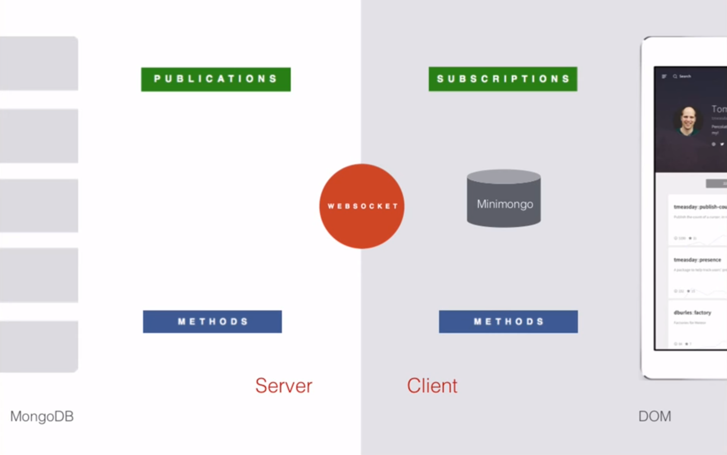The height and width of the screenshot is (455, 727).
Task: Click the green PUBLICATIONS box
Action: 216,79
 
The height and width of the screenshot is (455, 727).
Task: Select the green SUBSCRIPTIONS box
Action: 503,79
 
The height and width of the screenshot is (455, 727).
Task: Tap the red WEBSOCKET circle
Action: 362,206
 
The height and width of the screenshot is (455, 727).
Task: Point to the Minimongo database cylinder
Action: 504,199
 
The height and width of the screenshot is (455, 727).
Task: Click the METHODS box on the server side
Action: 212,321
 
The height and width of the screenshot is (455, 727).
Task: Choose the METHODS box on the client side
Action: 508,321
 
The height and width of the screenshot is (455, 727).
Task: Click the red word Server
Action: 284,386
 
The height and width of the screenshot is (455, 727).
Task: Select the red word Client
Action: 432,386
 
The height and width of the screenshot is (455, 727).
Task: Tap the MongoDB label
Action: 42,416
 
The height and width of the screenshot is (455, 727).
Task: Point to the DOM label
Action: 655,416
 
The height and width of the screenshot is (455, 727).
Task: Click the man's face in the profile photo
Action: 688,120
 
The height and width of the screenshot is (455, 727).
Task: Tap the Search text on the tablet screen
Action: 685,77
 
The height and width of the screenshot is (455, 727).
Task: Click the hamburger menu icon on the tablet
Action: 664,77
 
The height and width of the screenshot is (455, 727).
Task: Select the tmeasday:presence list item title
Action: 697,260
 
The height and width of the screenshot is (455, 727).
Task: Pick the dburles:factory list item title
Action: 692,312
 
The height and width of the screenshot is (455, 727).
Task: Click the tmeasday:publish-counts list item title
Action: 699,207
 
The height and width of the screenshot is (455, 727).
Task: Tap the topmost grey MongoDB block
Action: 39,63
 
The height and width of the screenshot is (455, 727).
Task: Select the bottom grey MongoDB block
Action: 39,346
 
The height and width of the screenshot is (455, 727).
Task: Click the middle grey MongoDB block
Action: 39,206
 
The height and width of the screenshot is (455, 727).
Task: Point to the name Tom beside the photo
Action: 719,109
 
